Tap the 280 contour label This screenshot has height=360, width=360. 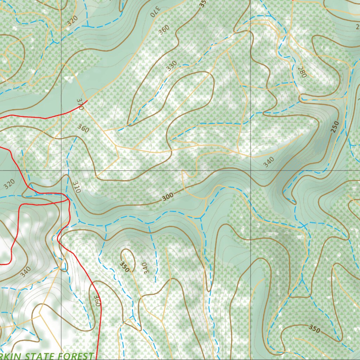[x=302, y=72]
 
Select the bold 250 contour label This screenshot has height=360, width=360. [x=335, y=126]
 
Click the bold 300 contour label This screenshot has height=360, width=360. [x=168, y=198]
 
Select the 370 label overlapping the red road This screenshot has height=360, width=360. [x=80, y=104]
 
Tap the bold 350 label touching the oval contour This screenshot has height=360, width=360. [x=124, y=267]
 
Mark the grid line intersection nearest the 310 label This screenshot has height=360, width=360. [x=62, y=171]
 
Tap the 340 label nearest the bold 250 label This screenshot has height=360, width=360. [x=268, y=162]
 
